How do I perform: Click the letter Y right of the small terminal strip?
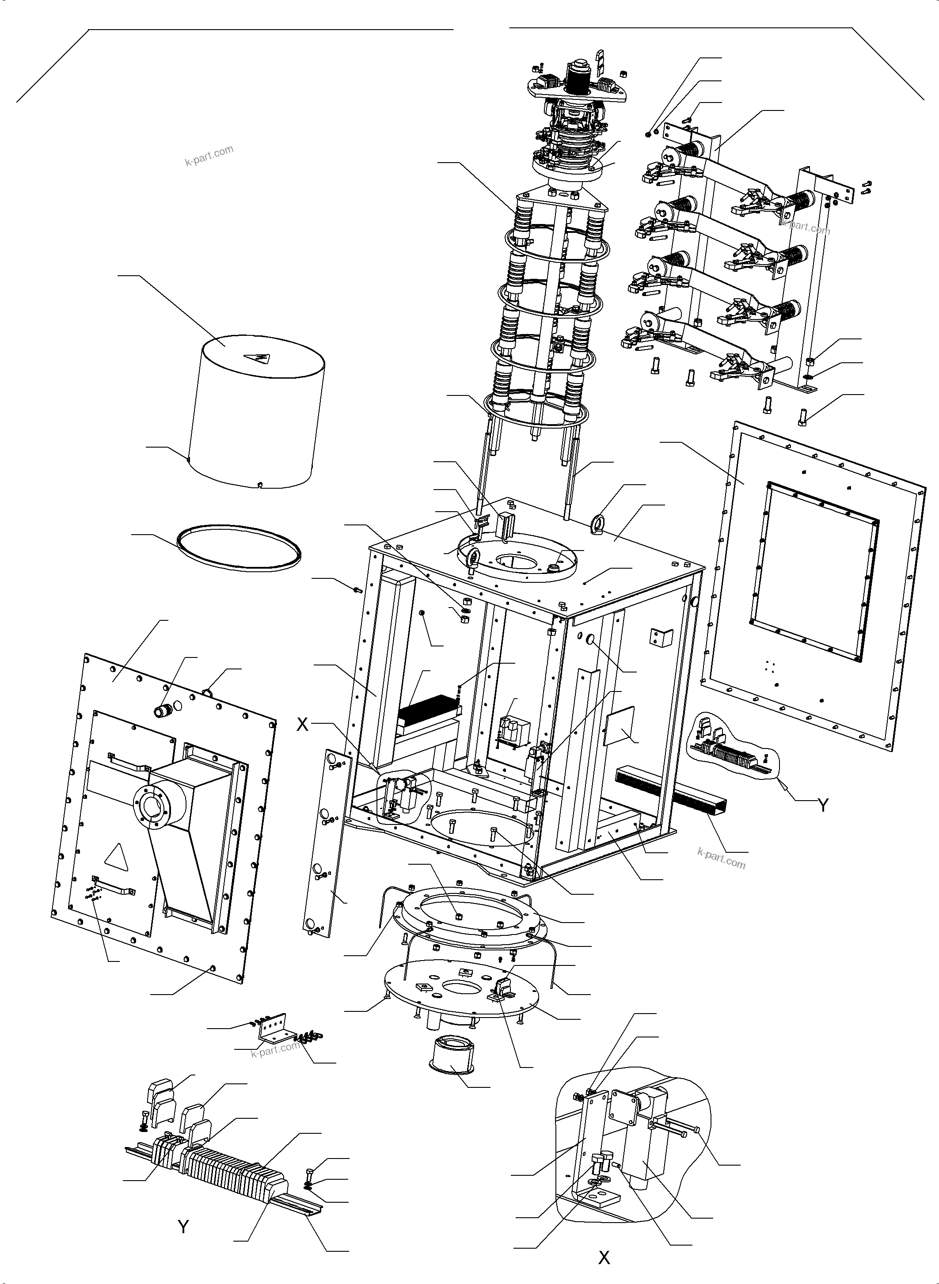(x=822, y=805)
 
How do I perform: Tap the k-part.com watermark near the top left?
(x=209, y=155)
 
